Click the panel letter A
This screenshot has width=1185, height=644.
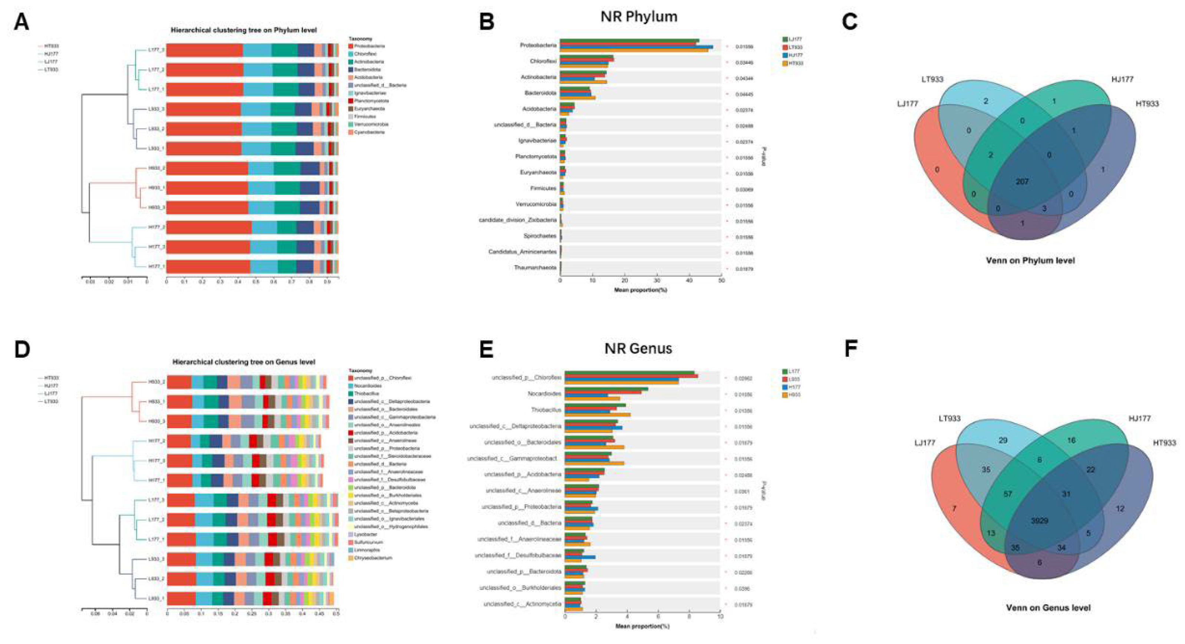click(22, 21)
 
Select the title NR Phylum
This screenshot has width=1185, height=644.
click(639, 17)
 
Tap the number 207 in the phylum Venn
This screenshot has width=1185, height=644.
click(1022, 182)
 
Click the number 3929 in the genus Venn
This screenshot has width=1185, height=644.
click(1039, 521)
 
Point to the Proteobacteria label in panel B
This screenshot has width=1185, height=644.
click(538, 46)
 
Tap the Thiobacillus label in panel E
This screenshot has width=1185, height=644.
click(546, 410)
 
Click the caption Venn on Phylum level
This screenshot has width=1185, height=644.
click(1030, 260)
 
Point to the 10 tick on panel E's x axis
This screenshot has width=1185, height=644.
click(720, 617)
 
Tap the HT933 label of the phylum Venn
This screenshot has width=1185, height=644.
click(1147, 104)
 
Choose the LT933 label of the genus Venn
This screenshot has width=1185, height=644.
click(949, 419)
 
